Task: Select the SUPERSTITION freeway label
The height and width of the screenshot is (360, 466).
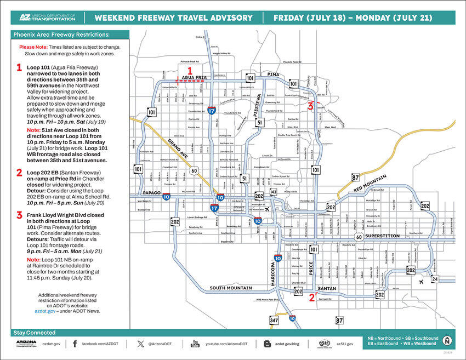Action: click(383, 236)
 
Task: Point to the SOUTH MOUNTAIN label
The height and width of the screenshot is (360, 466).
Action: click(230, 288)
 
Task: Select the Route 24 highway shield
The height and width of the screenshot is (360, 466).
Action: click(435, 279)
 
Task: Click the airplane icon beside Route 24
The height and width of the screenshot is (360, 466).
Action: click(420, 282)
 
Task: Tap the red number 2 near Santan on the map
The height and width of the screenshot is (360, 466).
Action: click(311, 298)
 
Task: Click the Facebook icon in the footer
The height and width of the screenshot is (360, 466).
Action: click(75, 344)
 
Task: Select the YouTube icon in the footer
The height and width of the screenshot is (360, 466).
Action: click(195, 344)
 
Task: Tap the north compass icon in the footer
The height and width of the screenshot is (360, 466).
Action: click(447, 341)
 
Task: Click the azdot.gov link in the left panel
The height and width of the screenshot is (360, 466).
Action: click(44, 311)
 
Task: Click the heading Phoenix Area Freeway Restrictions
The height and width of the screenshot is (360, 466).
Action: click(61, 35)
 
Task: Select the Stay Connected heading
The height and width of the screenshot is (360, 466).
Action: click(34, 333)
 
